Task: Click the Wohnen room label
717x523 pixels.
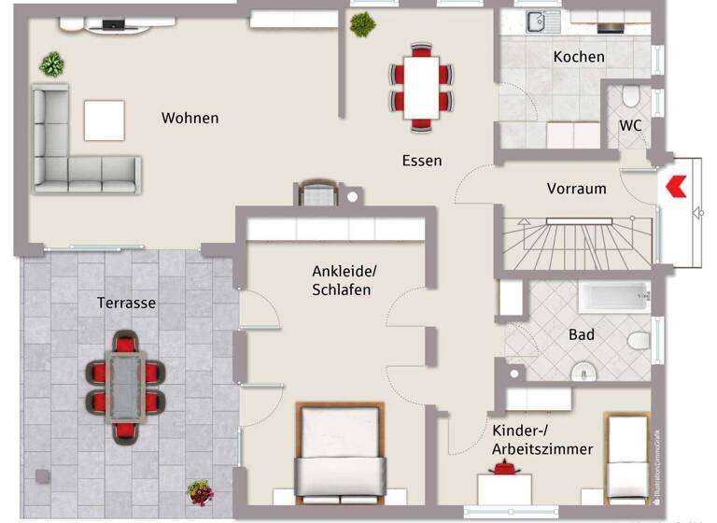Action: [190, 118]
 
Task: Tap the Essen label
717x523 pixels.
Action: [421, 160]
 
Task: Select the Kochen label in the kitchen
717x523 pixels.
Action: [579, 57]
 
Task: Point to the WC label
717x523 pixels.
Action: [630, 126]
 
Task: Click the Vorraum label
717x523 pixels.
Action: [576, 188]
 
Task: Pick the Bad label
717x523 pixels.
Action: [582, 334]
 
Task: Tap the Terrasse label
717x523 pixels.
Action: [126, 303]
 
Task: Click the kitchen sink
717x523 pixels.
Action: [539, 21]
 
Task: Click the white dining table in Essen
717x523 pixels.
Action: [421, 87]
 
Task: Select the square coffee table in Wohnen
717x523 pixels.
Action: [105, 120]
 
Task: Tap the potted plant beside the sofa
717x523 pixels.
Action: [52, 64]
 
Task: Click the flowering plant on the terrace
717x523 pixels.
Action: [199, 491]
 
